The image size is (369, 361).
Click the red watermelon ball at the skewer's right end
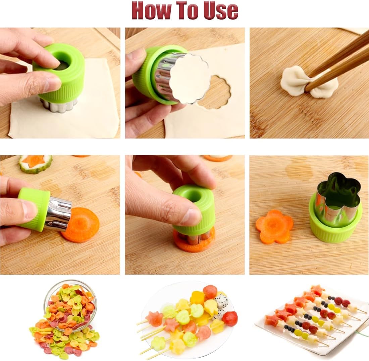point(230,318)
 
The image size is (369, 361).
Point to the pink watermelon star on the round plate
point(155,318)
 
